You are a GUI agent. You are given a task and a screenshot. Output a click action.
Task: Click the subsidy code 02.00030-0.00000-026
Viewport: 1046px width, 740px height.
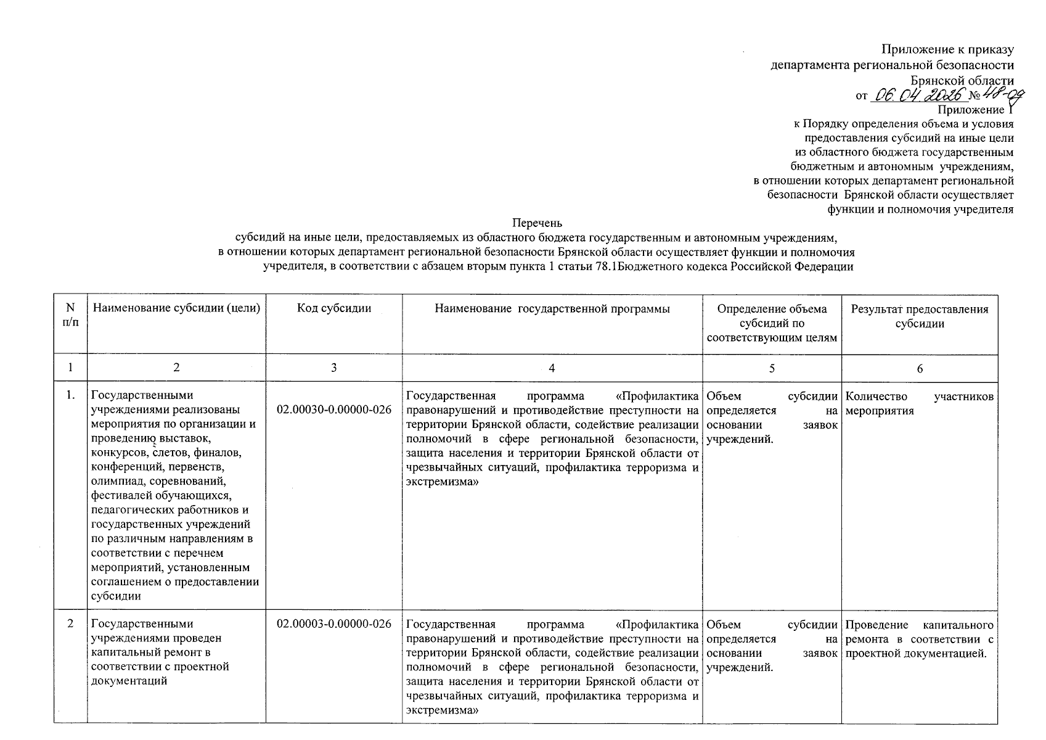tap(334, 409)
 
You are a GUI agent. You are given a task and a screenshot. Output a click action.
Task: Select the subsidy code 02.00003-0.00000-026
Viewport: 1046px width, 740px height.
tap(334, 624)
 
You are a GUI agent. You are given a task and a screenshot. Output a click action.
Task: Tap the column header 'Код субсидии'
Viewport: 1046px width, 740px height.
tap(334, 309)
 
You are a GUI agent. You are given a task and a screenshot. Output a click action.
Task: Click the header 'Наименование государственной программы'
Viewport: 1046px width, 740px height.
tap(552, 309)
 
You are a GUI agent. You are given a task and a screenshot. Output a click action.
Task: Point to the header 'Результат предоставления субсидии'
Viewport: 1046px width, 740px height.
tap(920, 316)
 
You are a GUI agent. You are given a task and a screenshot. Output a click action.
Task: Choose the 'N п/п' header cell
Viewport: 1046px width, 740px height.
tap(70, 316)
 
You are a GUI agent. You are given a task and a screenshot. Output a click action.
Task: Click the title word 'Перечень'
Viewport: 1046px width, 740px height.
tap(537, 223)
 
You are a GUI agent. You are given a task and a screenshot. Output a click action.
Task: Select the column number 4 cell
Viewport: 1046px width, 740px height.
tap(552, 368)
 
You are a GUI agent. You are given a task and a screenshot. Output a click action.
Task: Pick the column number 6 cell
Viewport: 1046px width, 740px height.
tap(920, 368)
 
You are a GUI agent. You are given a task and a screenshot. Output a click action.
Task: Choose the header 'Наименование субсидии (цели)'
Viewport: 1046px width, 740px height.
tap(176, 309)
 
